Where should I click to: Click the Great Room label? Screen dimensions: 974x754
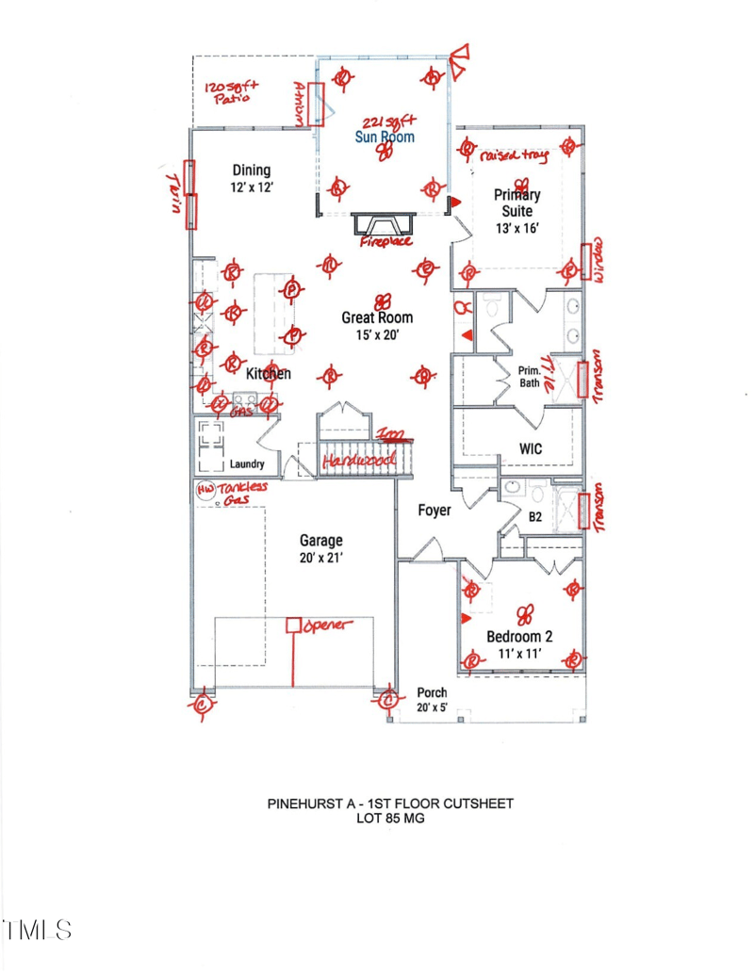coord(377,318)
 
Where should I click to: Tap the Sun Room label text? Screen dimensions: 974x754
coord(384,138)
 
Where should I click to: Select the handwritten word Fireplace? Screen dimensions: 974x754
coord(386,242)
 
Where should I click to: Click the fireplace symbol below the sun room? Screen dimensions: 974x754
coord(383,224)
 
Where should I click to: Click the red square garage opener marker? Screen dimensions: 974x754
coord(293,625)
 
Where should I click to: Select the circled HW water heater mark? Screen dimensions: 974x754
coord(205,490)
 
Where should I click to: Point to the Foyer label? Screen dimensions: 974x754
coord(434,511)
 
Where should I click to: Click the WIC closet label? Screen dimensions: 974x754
coord(531,449)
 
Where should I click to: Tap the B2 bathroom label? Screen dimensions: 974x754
coord(534,517)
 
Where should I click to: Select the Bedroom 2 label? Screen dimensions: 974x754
coord(519,636)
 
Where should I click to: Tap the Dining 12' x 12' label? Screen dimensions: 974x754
coord(251,179)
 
